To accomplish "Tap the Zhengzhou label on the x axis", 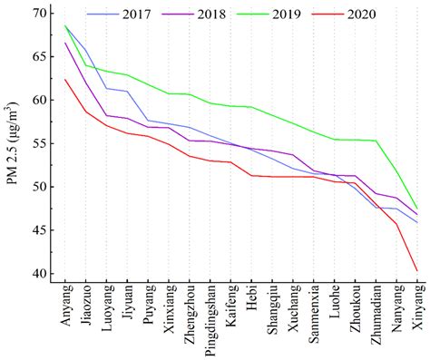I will [191, 318].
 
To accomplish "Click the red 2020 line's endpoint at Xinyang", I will [417, 270].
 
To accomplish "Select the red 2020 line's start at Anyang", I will [64, 80].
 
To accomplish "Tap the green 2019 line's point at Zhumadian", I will [376, 141].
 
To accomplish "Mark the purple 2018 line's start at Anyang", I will [64, 43].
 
